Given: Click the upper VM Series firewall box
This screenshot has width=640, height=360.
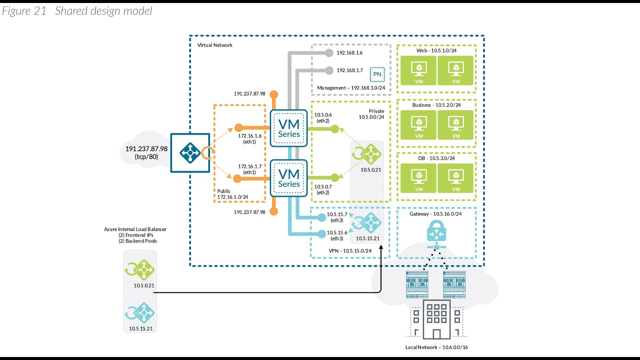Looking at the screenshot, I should click(x=288, y=128).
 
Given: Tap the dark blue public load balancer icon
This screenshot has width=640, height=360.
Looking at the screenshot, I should click(x=189, y=152).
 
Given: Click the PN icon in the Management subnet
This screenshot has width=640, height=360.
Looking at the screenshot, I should click(x=377, y=75).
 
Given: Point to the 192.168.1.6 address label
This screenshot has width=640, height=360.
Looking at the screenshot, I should click(x=349, y=52).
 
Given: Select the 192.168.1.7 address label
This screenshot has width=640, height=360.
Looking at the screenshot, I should click(x=349, y=70).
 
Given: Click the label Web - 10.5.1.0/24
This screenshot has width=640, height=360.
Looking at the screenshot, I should click(x=436, y=51).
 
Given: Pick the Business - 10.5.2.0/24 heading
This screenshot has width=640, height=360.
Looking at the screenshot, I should click(x=436, y=105).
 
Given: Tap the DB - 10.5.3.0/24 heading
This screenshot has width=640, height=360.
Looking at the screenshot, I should click(x=436, y=158).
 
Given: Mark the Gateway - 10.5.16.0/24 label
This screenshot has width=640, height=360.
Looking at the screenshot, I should click(x=436, y=213).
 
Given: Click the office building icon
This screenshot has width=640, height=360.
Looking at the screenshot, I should click(x=436, y=319).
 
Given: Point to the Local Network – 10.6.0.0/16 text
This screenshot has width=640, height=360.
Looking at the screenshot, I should click(x=436, y=347).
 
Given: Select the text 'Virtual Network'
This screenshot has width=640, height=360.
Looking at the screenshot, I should click(x=215, y=45).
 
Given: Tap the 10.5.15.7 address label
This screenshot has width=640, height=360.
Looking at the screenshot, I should click(x=336, y=214).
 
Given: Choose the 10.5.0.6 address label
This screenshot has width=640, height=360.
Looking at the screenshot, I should click(x=322, y=114).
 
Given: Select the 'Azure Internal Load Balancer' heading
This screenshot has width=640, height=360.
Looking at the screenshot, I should click(x=135, y=229).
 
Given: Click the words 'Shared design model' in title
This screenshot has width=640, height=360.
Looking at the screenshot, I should click(x=103, y=11).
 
